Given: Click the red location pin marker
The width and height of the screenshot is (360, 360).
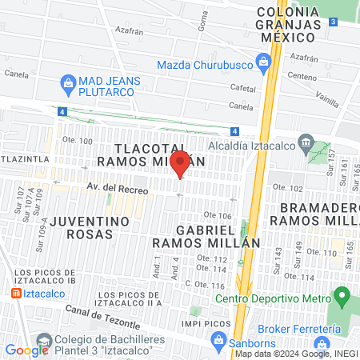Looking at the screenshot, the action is (x=180, y=163).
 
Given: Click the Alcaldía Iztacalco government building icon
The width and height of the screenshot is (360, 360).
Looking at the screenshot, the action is (x=306, y=143).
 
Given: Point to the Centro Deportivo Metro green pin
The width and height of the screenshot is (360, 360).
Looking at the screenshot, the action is (x=343, y=300).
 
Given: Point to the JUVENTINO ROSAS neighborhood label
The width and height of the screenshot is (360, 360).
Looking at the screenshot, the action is (x=90, y=229).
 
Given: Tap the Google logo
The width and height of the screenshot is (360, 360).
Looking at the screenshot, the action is (x=26, y=350).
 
